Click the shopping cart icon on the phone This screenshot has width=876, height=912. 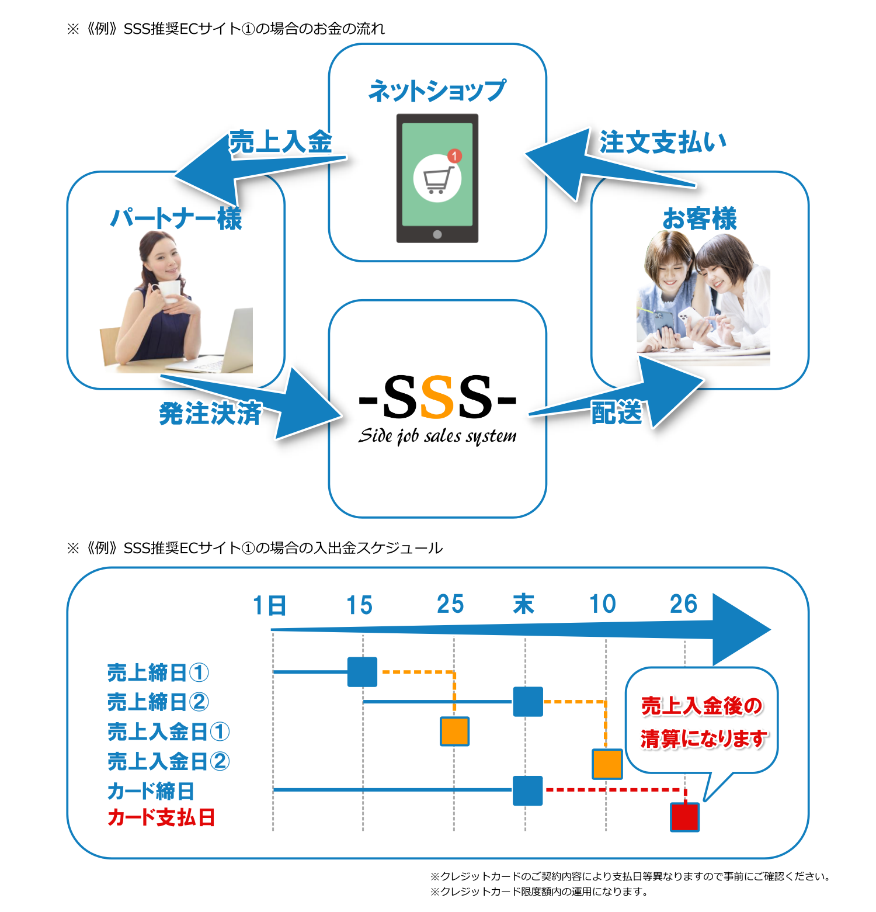(x=437, y=179)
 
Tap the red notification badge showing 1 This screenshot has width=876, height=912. (x=454, y=156)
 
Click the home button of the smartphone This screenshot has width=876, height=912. (x=437, y=234)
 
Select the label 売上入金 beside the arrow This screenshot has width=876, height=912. (x=280, y=142)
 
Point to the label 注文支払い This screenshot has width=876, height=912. (x=663, y=142)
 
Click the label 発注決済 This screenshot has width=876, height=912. (x=210, y=414)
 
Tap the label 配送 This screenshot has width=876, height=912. (x=617, y=412)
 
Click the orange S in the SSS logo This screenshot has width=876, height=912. (x=437, y=398)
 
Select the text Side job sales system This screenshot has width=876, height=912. (x=437, y=436)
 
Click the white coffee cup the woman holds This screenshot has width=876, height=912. (x=169, y=290)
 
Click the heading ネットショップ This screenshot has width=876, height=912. (x=437, y=91)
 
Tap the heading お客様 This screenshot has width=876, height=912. (x=700, y=219)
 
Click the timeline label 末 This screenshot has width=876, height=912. (x=524, y=604)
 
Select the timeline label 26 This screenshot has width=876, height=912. (x=683, y=604)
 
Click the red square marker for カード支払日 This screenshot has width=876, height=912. (x=684, y=817)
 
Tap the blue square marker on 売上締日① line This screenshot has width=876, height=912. (x=362, y=672)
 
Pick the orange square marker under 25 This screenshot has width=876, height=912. (x=454, y=731)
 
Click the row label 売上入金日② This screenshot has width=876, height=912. (x=168, y=761)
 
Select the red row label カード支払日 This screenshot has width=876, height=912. (x=161, y=817)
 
